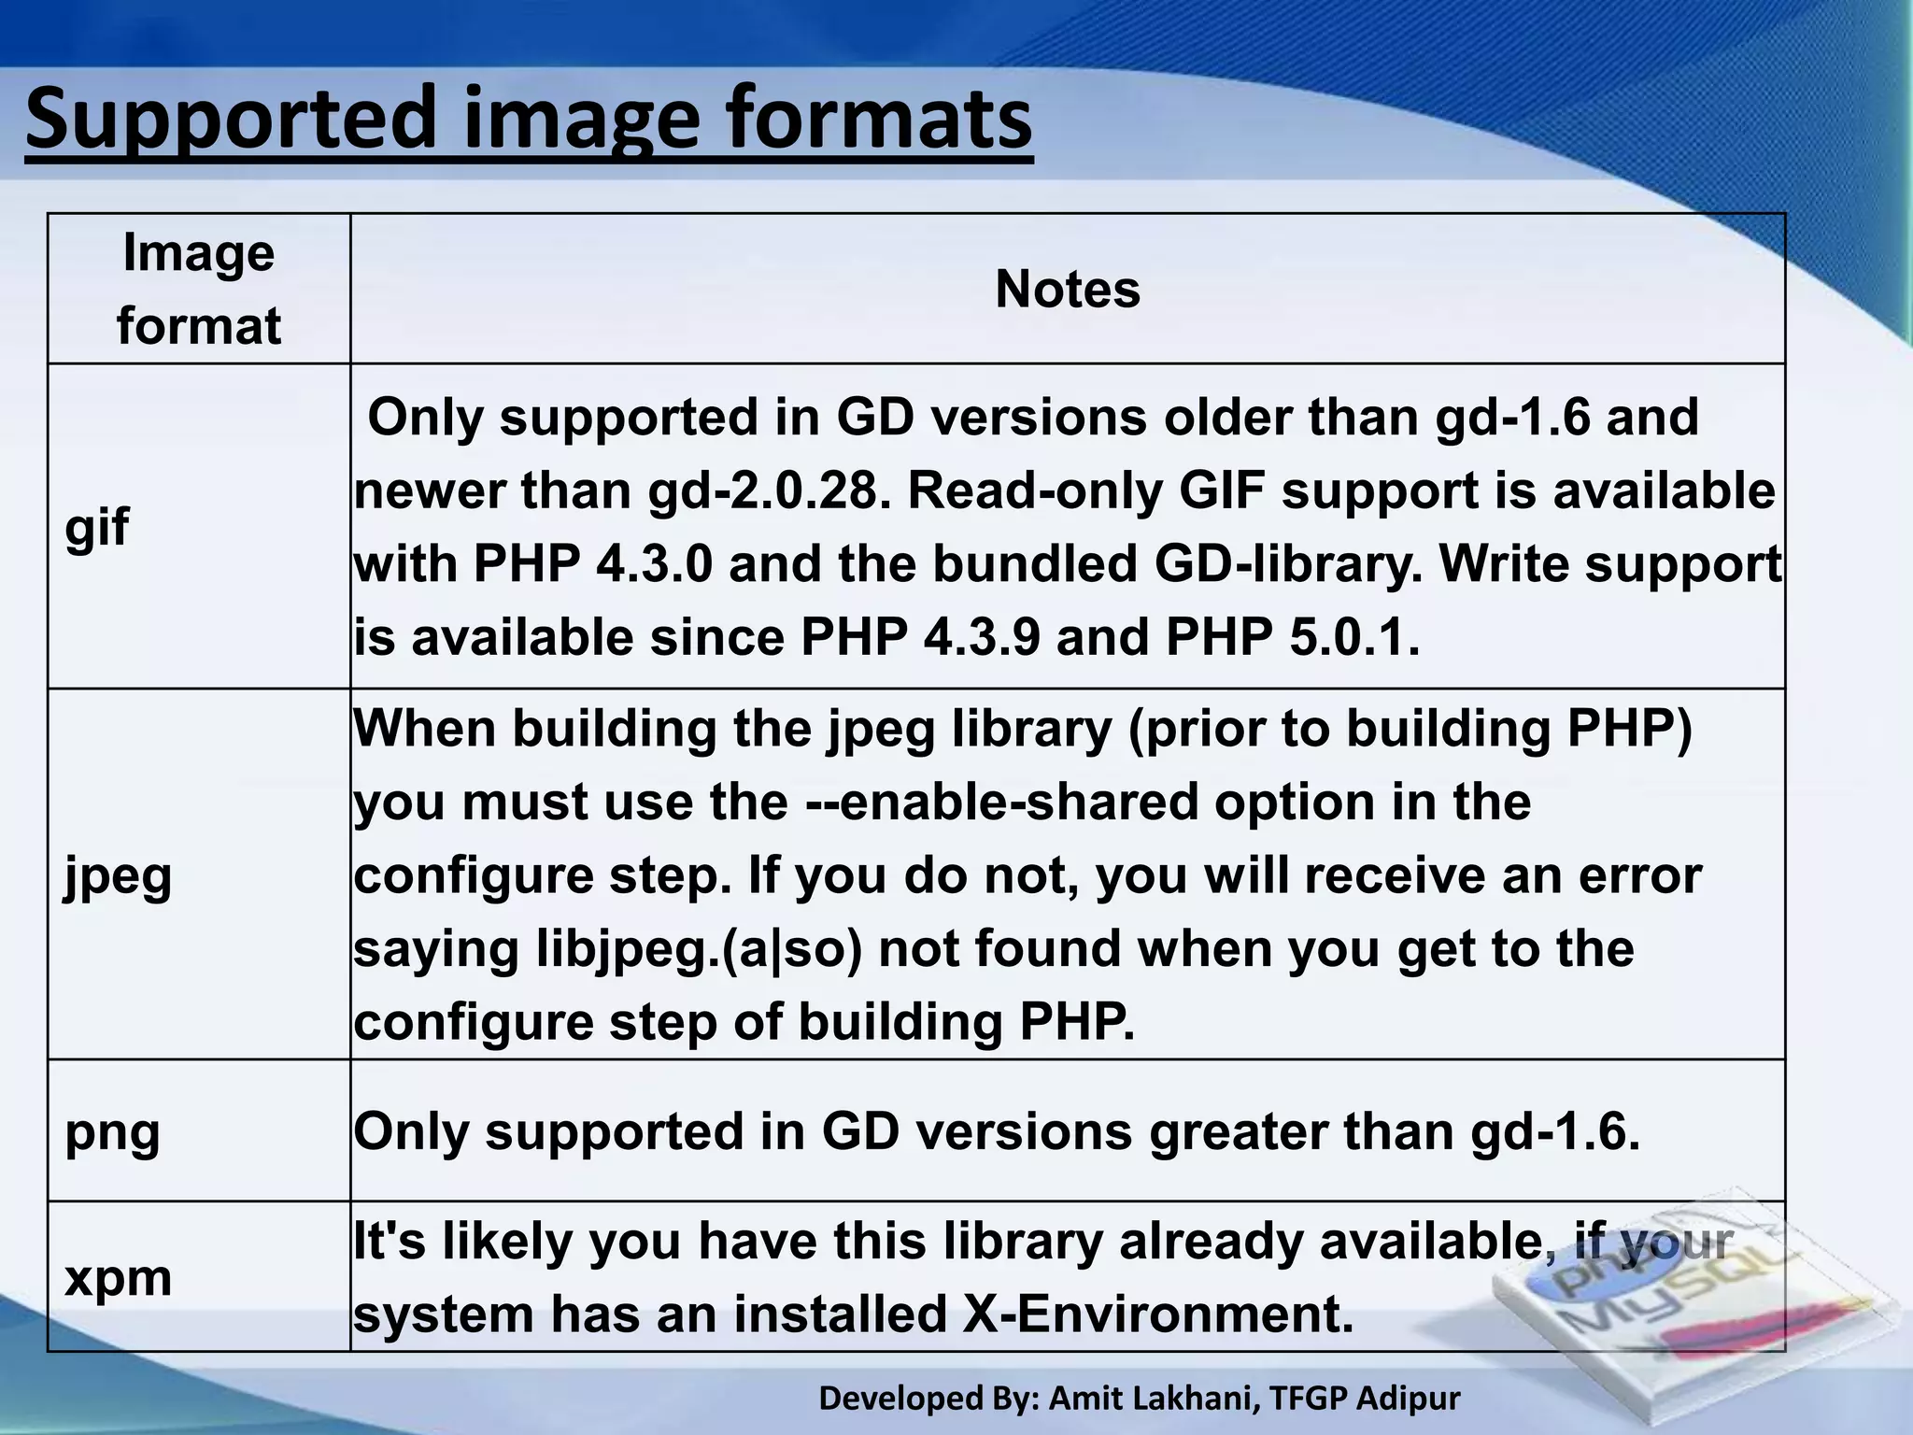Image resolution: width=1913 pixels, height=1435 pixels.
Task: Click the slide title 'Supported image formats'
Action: click(529, 119)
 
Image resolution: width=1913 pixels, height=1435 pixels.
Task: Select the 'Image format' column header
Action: click(199, 289)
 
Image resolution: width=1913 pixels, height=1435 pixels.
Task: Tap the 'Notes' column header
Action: click(1068, 289)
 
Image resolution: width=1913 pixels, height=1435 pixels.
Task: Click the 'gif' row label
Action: click(96, 527)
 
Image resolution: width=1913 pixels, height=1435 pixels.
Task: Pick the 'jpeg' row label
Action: click(118, 876)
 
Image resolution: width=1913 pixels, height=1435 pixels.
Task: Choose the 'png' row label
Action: click(112, 1131)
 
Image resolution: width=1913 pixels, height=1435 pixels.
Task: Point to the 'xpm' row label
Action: click(118, 1277)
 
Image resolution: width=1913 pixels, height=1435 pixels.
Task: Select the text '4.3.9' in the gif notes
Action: click(982, 638)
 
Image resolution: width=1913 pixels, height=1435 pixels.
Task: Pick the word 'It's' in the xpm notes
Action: click(389, 1241)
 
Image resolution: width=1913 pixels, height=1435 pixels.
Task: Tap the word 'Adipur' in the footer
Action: click(1408, 1399)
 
